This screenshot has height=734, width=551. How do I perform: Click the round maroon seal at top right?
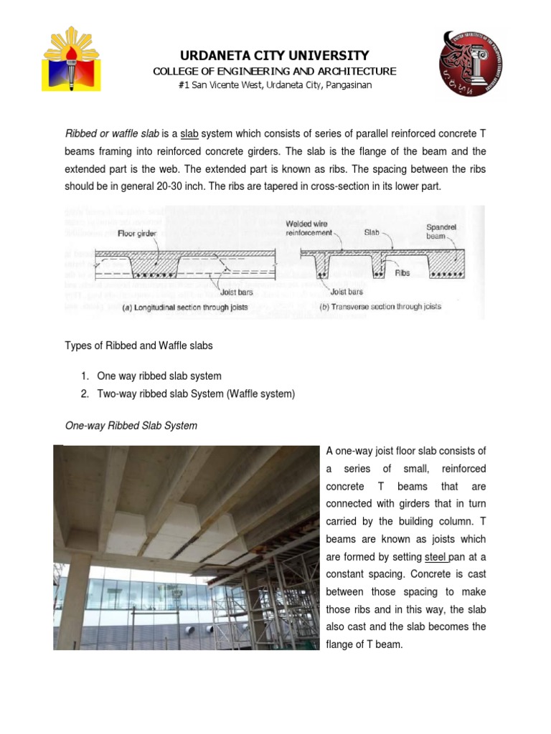[x=471, y=64]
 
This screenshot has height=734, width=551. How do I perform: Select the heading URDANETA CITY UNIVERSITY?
[x=275, y=55]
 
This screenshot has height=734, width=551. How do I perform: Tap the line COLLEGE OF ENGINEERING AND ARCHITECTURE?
[x=275, y=71]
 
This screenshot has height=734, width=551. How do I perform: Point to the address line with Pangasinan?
[x=275, y=85]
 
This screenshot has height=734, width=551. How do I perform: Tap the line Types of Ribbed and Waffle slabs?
[x=138, y=345]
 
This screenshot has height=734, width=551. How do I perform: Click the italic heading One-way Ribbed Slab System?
[x=131, y=426]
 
